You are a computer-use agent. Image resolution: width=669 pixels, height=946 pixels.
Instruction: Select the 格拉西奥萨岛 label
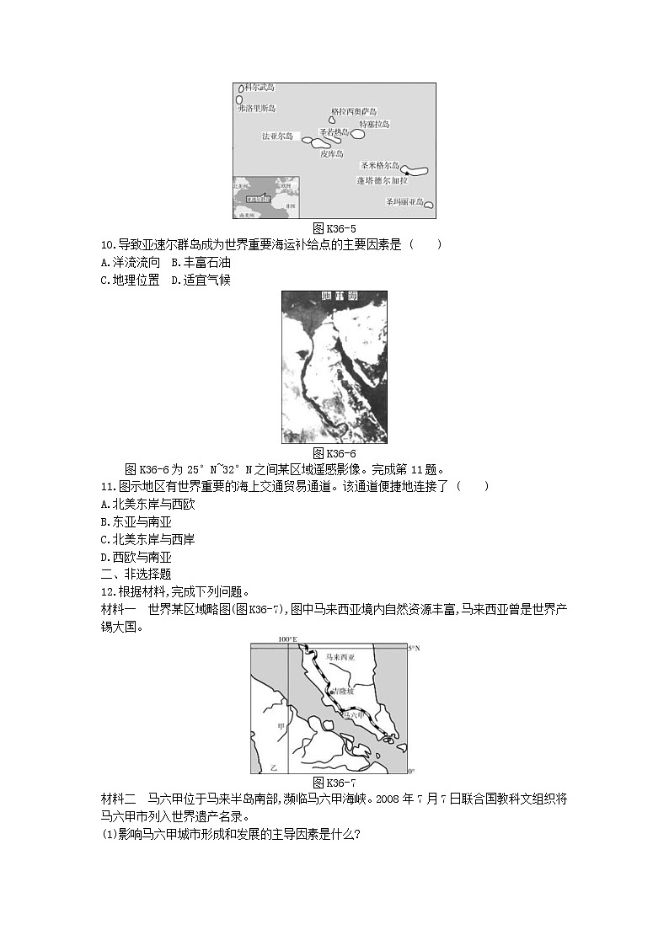pos(354,112)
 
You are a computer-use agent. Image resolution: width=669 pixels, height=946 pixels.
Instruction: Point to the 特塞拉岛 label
pos(374,124)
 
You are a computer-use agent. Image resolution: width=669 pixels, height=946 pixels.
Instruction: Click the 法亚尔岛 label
pos(277,136)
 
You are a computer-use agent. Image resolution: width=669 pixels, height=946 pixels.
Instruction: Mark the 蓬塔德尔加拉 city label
pos(382,180)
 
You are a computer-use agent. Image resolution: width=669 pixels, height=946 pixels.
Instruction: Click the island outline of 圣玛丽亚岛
pos(429,204)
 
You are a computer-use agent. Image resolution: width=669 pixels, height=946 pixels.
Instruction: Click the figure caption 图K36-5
pos(334,228)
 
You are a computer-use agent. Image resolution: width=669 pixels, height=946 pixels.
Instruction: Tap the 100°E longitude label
pos(287,639)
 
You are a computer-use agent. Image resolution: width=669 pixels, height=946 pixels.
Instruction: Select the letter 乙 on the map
pos(272,769)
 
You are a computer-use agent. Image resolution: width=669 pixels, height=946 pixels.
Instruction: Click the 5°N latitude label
pos(413,648)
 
